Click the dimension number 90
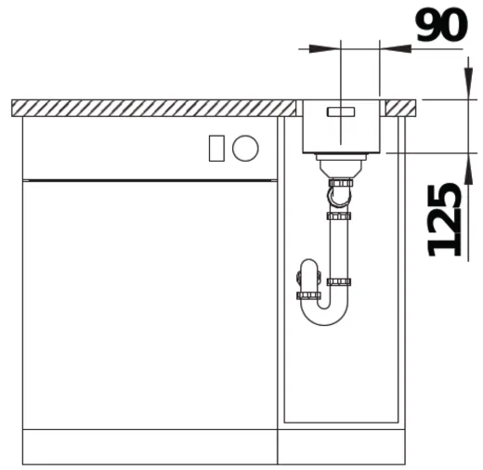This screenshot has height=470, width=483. point(440,25)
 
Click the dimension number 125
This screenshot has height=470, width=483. point(445,219)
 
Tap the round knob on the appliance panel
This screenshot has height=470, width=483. point(245,147)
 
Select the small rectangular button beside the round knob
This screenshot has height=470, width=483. point(216,147)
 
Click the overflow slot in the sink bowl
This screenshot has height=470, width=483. point(340,110)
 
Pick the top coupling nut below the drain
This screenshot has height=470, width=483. point(339,185)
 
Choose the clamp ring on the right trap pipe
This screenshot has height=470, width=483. point(339,281)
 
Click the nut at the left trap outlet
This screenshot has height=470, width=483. point(307,295)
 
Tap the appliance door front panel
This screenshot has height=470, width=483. point(149,302)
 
